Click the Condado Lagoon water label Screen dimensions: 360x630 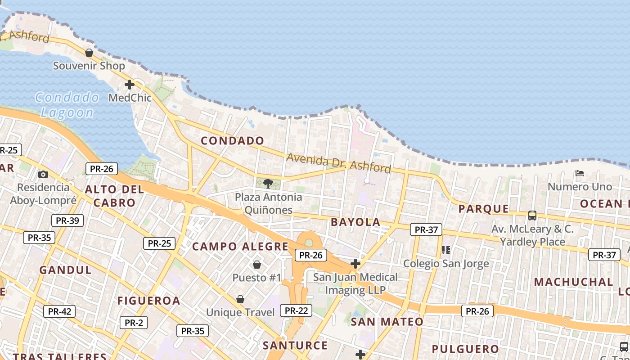[67, 104]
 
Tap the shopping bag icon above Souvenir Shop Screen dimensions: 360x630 [89, 53]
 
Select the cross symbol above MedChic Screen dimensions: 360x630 [130, 84]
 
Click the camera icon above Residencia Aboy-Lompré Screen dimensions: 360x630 [43, 174]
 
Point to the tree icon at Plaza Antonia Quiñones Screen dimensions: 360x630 [268, 183]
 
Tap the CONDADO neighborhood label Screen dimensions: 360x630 [233, 141]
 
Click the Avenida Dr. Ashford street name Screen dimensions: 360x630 [338, 163]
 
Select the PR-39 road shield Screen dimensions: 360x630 [67, 220]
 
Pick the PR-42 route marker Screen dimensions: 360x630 [59, 311]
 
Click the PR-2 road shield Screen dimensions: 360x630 [134, 323]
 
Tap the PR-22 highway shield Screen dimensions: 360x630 [296, 310]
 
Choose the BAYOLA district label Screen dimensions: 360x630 [355, 222]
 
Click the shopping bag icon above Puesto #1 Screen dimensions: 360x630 [257, 264]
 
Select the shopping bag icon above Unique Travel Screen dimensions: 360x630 [240, 299]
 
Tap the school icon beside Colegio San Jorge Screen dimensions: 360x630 [446, 250]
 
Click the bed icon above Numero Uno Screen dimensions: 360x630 [580, 173]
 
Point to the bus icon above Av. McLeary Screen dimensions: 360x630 [532, 216]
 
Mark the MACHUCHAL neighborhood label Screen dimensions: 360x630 [574, 282]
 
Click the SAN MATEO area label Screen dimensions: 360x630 [387, 322]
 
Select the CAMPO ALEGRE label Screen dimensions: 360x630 [240, 247]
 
